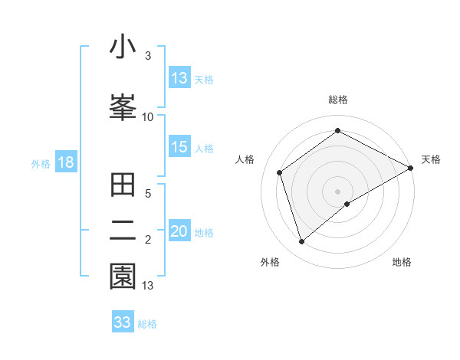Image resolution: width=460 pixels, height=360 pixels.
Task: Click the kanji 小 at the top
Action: pyautogui.click(x=123, y=47)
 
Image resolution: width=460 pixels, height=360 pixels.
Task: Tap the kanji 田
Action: pyautogui.click(x=123, y=186)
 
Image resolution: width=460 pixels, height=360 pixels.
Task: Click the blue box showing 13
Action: pyautogui.click(x=179, y=78)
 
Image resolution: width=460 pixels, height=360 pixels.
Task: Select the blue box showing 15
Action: pyautogui.click(x=179, y=148)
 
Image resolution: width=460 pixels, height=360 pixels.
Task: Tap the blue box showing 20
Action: pyautogui.click(x=179, y=232)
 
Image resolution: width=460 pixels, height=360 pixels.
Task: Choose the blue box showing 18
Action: pyautogui.click(x=65, y=163)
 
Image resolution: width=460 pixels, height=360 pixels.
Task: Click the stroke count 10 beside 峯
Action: pyautogui.click(x=148, y=117)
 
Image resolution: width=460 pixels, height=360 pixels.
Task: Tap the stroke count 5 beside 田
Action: pyautogui.click(x=148, y=194)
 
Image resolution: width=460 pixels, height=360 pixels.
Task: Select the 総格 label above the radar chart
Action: pyautogui.click(x=338, y=100)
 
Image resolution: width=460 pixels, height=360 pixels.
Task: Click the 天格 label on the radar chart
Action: pyautogui.click(x=431, y=159)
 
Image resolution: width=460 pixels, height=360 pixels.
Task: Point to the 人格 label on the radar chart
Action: pyautogui.click(x=245, y=159)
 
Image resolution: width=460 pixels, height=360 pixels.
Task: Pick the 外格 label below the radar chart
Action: pyautogui.click(x=270, y=262)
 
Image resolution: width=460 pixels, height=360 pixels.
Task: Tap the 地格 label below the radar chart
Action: pyautogui.click(x=402, y=262)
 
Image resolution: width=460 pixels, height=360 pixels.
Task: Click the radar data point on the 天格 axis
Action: pyautogui.click(x=410, y=168)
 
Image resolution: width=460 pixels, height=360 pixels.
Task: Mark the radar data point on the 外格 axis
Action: pyautogui.click(x=302, y=242)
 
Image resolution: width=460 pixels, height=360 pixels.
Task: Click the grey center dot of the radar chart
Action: pyautogui.click(x=338, y=190)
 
